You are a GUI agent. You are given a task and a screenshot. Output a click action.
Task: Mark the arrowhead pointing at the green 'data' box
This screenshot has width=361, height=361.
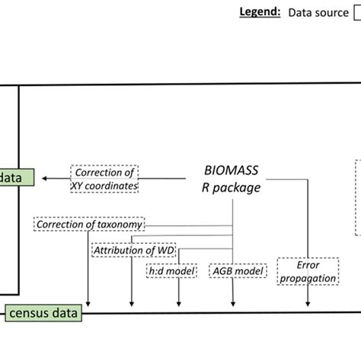[x=44, y=178]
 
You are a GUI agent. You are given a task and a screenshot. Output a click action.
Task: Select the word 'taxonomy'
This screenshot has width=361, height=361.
[x=117, y=225]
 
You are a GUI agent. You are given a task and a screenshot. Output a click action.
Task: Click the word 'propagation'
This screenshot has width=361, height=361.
[x=307, y=278]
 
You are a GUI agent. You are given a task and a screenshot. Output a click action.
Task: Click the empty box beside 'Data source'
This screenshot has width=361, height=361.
[x=356, y=14]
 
